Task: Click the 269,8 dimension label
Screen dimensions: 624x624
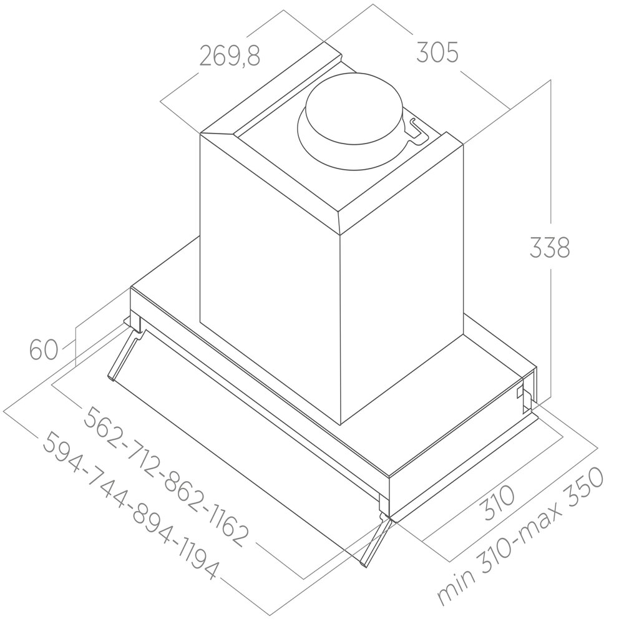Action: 229,57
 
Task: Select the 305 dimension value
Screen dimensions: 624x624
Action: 437,53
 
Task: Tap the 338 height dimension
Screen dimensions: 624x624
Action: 550,248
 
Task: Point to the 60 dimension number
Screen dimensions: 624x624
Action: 44,349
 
